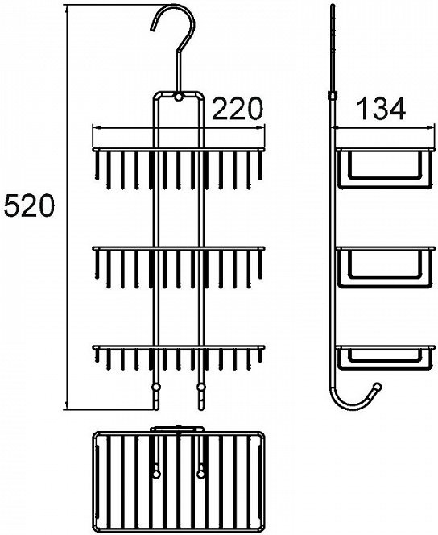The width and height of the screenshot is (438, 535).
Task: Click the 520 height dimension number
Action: click(29, 205)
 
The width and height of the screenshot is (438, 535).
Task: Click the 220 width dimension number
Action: click(238, 109)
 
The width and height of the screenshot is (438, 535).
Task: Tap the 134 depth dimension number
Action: click(380, 109)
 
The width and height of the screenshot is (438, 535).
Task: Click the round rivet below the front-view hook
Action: click(178, 97)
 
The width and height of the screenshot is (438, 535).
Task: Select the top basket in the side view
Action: click(386, 168)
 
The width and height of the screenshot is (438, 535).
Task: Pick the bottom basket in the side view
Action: click(386, 358)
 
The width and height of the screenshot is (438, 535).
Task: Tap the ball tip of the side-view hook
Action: click(378, 387)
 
